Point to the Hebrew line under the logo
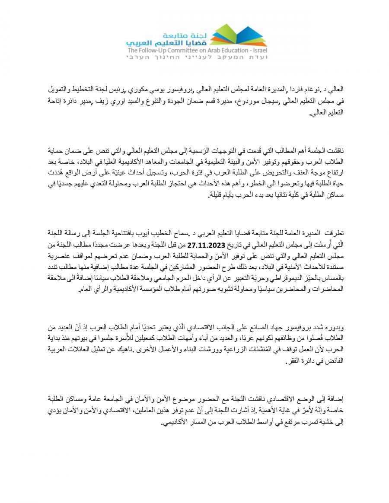pyautogui.click(x=197, y=56)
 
